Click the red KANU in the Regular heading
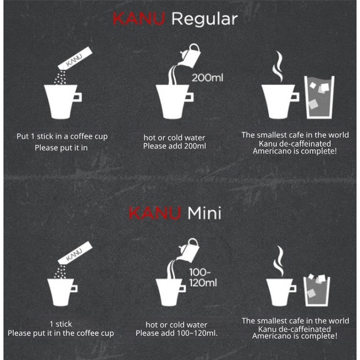(139, 18)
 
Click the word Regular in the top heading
(204, 20)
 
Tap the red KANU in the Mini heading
(155, 213)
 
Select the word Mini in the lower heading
(205, 213)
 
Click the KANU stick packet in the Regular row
(75, 58)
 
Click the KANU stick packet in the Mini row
(75, 253)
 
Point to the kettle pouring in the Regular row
(190, 56)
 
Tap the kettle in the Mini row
(189, 250)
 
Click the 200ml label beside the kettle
(207, 78)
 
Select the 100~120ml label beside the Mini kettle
(203, 277)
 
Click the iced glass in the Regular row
(319, 97)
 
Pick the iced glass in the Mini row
(317, 290)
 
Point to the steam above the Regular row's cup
(278, 66)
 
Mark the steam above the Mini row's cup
(279, 261)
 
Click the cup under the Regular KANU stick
(62, 102)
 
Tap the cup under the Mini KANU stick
(62, 292)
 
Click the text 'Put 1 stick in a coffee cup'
(62, 137)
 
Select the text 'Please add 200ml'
(174, 147)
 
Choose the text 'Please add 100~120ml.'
(177, 333)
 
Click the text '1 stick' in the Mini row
(61, 324)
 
